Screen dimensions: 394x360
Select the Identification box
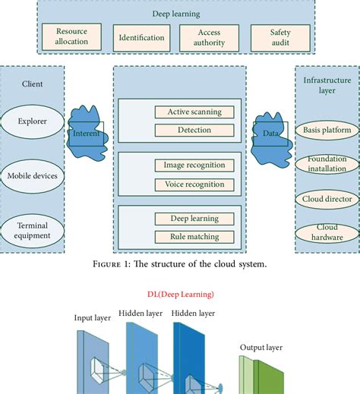click(142, 37)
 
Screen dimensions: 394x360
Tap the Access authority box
click(209, 37)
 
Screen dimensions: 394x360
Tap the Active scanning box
click(194, 112)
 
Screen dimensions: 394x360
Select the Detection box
click(194, 131)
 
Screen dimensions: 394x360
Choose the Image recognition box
click(194, 165)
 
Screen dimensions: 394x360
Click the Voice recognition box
click(194, 184)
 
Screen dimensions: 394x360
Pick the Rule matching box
click(194, 238)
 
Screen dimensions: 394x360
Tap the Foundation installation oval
click(326, 164)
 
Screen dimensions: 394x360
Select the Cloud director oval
click(326, 200)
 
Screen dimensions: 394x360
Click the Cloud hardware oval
click(326, 232)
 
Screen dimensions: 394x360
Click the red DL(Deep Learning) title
click(180, 294)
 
